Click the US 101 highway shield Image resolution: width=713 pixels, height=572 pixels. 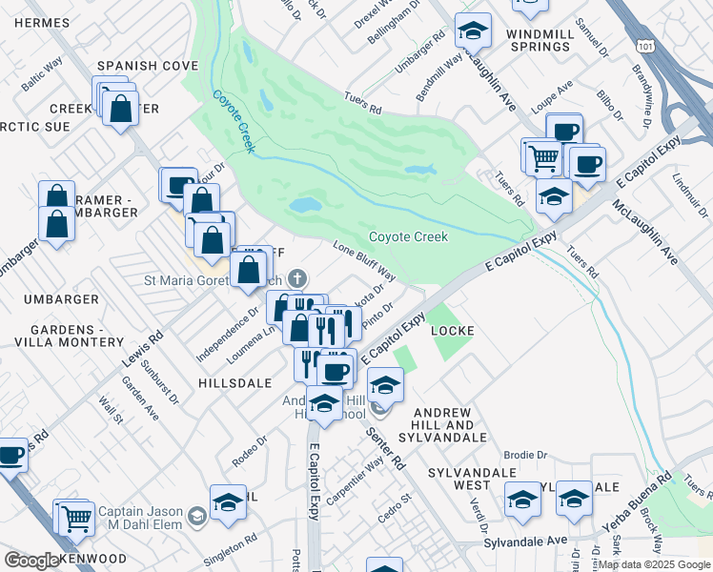point(647,45)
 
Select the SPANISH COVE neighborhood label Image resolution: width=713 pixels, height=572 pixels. point(147,66)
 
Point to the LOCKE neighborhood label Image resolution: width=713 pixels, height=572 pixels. point(453,330)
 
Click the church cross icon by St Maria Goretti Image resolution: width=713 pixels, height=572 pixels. point(297,279)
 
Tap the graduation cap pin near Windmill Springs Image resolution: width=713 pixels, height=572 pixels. point(472,33)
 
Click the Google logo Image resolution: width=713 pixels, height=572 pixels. point(32,561)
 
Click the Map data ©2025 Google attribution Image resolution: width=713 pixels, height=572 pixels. point(654,564)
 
